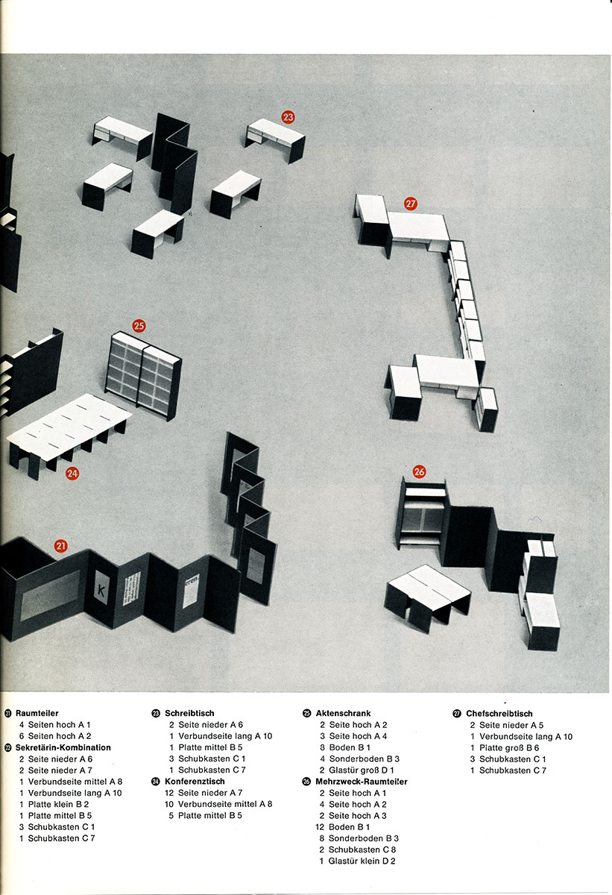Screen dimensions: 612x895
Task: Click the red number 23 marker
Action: [x=288, y=117]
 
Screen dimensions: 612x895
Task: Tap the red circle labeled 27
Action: [x=411, y=204]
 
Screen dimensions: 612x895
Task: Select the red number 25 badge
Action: [x=139, y=326]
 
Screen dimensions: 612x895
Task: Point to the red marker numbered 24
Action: [x=72, y=474]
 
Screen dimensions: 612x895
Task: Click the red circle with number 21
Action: [x=60, y=546]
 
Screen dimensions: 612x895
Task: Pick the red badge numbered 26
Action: [x=419, y=471]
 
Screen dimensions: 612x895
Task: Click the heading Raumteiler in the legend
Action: [x=37, y=713]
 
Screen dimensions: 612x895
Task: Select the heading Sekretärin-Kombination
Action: [x=63, y=747]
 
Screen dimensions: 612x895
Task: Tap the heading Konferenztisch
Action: [x=195, y=781]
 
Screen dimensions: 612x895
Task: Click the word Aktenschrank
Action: [x=344, y=713]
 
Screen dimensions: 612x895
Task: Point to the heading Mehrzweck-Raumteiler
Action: [x=362, y=781]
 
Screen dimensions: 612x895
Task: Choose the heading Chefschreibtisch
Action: [x=499, y=713]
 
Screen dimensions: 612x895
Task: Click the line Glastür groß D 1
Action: [x=356, y=770]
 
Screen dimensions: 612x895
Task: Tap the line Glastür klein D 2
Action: [x=357, y=861]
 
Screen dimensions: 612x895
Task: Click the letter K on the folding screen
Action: [x=101, y=590]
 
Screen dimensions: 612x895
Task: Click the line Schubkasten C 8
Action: [x=357, y=849]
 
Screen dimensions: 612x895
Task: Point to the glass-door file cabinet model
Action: [x=143, y=375]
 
